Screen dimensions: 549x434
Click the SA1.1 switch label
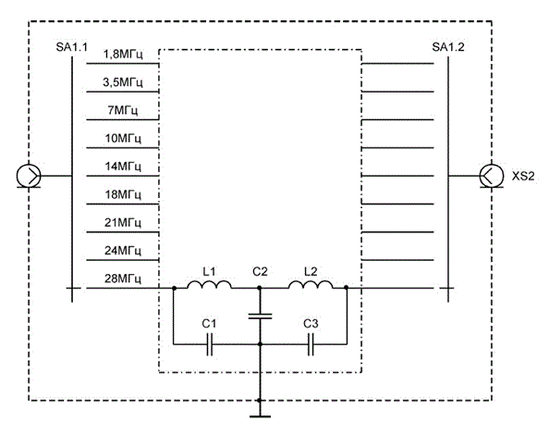pos(71,47)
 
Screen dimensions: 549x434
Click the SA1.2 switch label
pos(448,47)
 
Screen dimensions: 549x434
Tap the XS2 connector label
pos(523,176)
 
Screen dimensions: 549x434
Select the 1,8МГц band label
pos(123,55)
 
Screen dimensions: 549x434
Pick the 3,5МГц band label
pos(123,82)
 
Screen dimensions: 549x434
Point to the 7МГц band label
pos(123,111)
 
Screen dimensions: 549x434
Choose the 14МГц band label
pos(123,167)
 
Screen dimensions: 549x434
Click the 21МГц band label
pos(123,223)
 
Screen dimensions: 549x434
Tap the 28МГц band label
pos(123,279)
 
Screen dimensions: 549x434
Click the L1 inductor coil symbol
pos(209,285)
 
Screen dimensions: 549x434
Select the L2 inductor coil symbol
pos(311,285)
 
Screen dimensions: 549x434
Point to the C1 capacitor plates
pos(210,344)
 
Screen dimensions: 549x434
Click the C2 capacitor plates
pos(260,316)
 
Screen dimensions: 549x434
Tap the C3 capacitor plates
pos(311,344)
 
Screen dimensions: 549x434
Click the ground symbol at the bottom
pos(260,416)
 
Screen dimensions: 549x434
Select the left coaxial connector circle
pos(29,176)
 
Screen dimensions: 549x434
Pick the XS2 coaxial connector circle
pos(492,176)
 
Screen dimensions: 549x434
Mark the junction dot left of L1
pos(174,288)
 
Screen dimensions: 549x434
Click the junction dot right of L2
pos(346,288)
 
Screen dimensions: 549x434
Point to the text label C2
pos(260,271)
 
